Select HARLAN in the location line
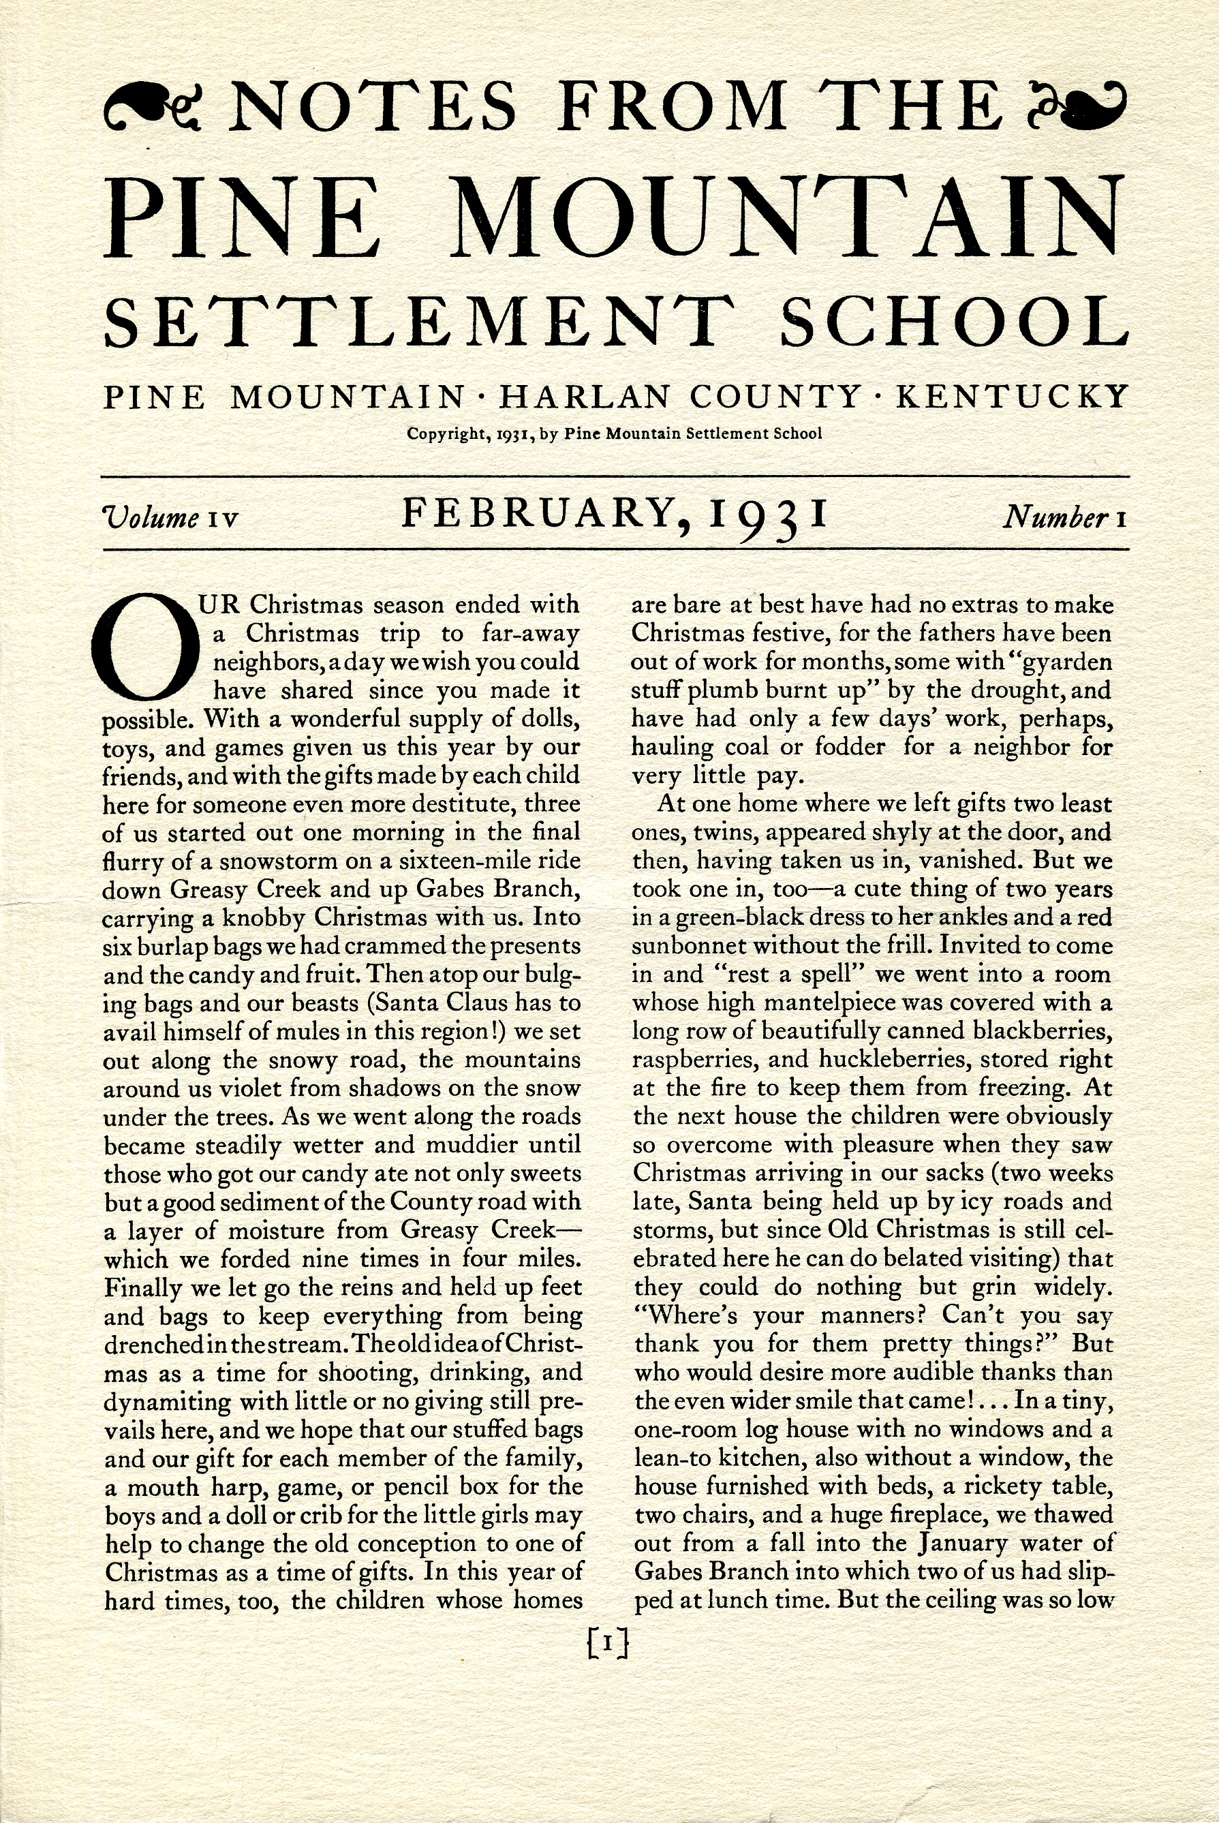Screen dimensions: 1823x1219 [x=584, y=397]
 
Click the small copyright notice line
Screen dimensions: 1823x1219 [x=614, y=434]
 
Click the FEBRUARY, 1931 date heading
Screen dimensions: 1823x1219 [x=613, y=515]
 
